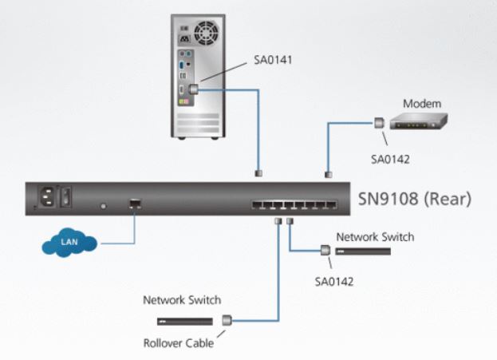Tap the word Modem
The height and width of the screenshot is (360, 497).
[x=421, y=104]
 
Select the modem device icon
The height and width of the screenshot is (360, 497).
[x=422, y=121]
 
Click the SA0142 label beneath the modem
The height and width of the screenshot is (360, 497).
[x=390, y=158]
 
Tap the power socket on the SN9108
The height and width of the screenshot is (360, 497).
[x=46, y=196]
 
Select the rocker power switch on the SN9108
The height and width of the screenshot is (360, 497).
[x=67, y=196]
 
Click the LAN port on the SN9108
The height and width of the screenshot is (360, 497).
[x=135, y=204]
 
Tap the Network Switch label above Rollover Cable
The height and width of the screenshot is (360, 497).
[x=182, y=300]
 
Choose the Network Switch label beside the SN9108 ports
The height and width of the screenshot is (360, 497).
[x=375, y=237]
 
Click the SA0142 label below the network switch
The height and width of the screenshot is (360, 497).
[x=334, y=281]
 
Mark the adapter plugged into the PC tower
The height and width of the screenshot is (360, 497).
[x=194, y=90]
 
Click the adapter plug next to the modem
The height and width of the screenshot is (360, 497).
[x=380, y=122]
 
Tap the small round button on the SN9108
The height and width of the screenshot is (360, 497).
[x=102, y=206]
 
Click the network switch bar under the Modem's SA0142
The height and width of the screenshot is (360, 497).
[x=363, y=251]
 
